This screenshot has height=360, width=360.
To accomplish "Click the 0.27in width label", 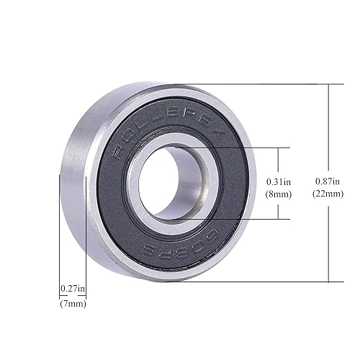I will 73,289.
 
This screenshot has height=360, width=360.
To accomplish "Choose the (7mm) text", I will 73,303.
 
